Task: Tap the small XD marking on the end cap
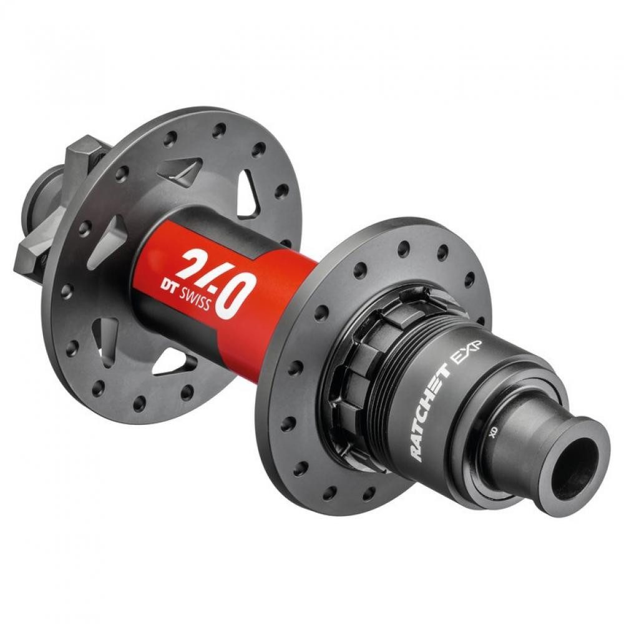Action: coord(492,432)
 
